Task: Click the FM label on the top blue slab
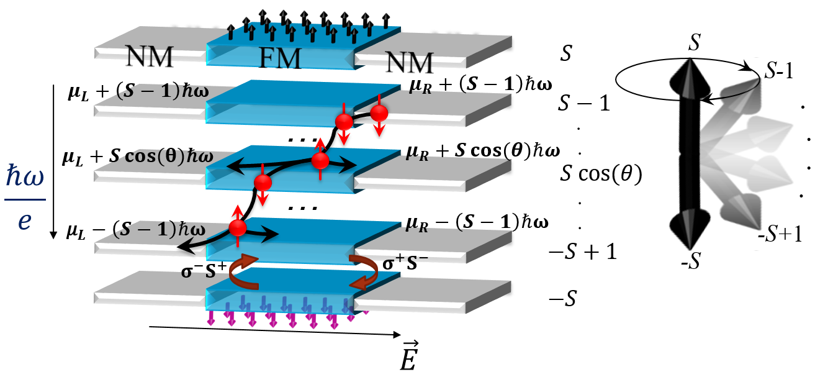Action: point(279,60)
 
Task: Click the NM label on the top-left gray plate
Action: point(149,55)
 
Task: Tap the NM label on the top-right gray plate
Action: point(409,61)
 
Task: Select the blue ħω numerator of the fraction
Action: point(25,177)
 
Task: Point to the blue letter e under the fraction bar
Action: point(24,220)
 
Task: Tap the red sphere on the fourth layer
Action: point(238,228)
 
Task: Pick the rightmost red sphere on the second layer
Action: point(379,113)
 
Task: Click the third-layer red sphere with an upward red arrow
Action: point(320,160)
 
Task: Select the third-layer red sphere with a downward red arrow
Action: point(263,183)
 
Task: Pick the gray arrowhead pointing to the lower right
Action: point(745,211)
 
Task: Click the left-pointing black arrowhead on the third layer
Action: point(233,166)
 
